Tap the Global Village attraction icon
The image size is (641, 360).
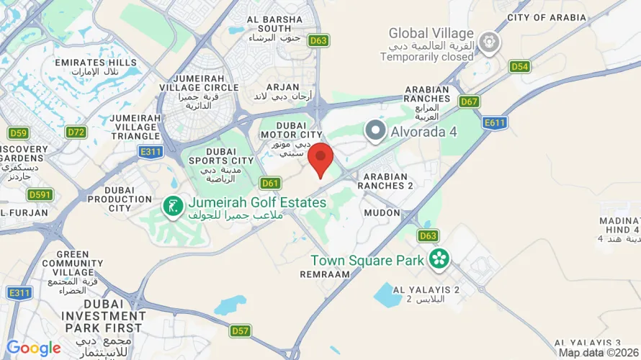tap(490, 44)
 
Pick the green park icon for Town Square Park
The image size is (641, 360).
tap(438, 258)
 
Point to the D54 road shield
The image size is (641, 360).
tap(520, 67)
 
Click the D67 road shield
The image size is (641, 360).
tap(470, 102)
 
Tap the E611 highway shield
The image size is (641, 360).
tap(495, 123)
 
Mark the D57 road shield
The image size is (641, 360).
tap(241, 330)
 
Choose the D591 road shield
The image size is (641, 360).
tap(40, 194)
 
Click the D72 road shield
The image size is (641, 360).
tap(76, 132)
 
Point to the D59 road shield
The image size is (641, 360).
tap(18, 133)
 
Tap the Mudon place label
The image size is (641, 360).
tap(382, 213)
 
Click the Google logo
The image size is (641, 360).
tap(33, 348)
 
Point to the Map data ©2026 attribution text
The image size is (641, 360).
tap(598, 353)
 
